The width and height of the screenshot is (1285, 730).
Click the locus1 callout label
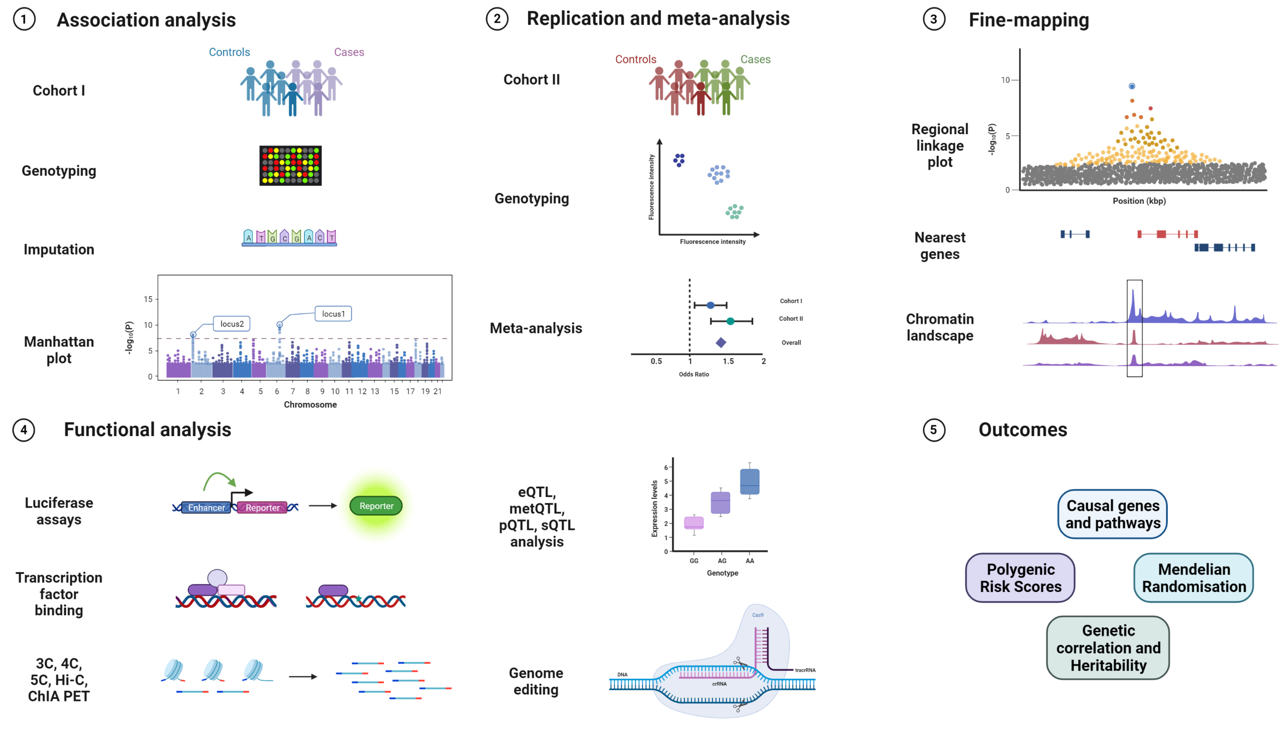click(333, 314)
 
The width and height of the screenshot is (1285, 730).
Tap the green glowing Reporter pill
click(376, 506)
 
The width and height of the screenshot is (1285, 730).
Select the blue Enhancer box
click(206, 507)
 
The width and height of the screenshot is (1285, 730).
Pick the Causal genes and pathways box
click(1112, 514)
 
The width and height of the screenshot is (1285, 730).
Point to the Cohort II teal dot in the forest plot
click(730, 321)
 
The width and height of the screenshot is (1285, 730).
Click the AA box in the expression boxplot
click(749, 482)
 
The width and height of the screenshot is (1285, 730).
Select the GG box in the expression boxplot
click(694, 523)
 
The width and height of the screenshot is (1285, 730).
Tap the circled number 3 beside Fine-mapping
click(934, 20)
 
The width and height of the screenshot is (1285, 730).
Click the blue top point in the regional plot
click(1131, 86)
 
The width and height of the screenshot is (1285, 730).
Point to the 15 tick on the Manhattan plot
click(148, 299)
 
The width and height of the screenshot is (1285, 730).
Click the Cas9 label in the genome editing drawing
click(758, 615)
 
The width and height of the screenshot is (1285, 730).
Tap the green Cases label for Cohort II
click(755, 59)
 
